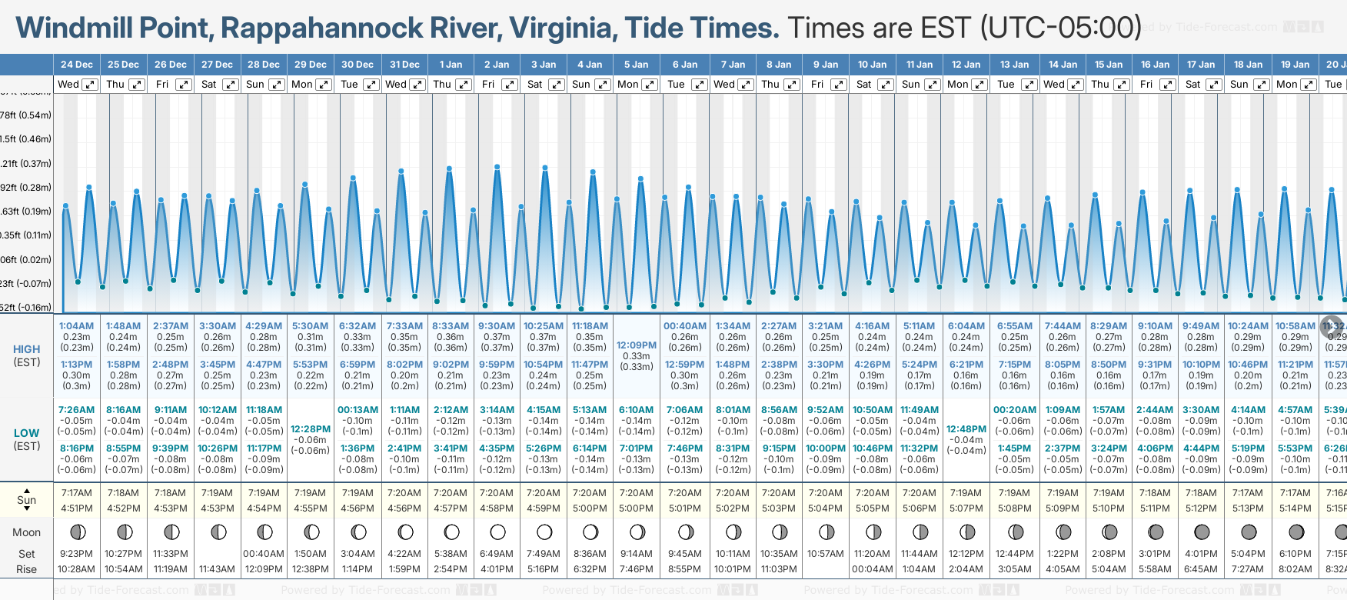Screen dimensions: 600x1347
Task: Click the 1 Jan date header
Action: [x=451, y=65]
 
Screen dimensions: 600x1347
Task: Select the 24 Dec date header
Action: [x=77, y=65]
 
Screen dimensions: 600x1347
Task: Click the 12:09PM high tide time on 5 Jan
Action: [x=636, y=345]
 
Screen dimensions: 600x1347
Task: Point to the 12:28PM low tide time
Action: [x=311, y=429]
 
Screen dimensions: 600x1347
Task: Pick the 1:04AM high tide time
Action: [x=76, y=326]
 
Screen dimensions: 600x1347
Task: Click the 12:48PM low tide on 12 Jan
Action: [x=966, y=429]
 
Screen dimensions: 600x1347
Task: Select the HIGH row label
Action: [x=27, y=349]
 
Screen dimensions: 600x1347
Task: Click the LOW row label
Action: [x=27, y=433]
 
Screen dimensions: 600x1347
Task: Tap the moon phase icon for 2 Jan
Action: [x=497, y=532]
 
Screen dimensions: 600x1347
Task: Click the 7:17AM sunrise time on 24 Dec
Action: [x=76, y=493]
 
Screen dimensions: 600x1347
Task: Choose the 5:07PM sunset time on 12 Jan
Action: [x=966, y=508]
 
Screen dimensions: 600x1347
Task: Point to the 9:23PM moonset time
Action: [x=76, y=554]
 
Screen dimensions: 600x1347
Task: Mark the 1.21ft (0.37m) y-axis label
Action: [x=26, y=163]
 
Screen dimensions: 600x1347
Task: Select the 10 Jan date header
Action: [x=872, y=65]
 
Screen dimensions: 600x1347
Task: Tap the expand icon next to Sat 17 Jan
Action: [x=1214, y=85]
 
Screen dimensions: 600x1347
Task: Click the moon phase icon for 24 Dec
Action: [x=77, y=532]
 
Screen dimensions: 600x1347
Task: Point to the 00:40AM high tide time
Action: [x=684, y=326]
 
